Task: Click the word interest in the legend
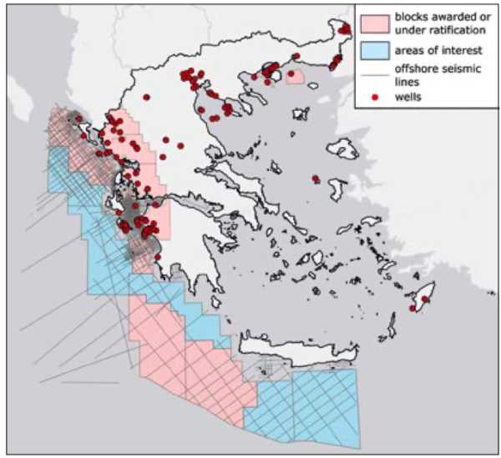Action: (458, 51)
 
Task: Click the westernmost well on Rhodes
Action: (413, 310)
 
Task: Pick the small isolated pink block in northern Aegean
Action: (295, 77)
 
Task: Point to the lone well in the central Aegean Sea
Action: (315, 179)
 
